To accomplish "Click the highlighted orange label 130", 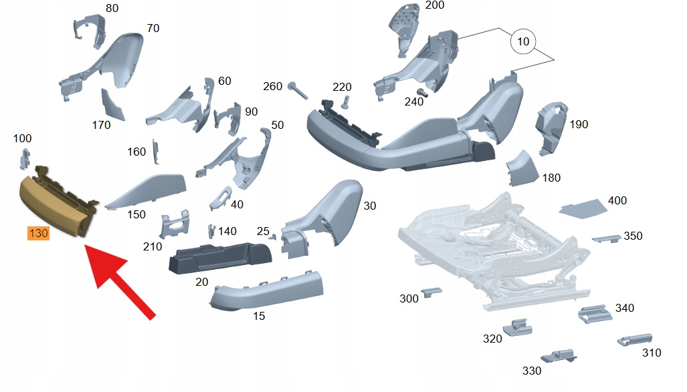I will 38,233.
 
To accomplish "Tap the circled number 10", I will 523,41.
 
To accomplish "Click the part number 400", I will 617,200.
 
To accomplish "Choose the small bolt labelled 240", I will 422,92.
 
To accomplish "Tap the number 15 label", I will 259,316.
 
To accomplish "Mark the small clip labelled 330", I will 559,355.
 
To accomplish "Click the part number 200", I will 435,5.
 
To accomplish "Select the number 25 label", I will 264,231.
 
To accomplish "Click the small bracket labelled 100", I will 25,158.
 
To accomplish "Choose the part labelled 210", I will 174,226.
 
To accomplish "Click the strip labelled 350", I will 606,238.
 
